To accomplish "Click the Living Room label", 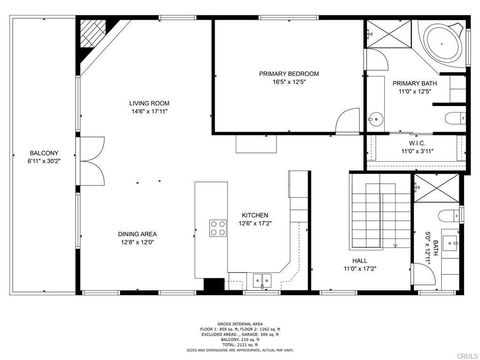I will click(148, 103).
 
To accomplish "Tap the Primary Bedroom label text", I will click(288, 74).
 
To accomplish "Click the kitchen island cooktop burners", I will click(217, 227).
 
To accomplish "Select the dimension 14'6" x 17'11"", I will click(148, 112).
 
